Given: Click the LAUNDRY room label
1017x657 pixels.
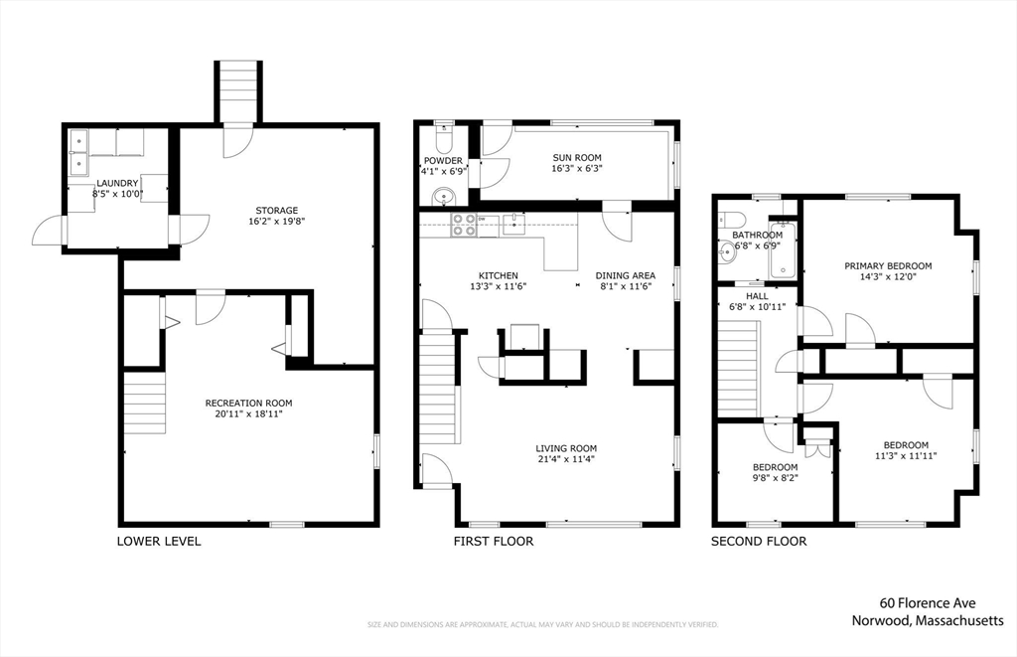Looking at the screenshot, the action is pos(117,183).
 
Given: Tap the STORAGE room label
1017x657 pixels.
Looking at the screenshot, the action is pos(277,211).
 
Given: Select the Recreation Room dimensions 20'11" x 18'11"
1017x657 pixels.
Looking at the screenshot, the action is pos(248,413).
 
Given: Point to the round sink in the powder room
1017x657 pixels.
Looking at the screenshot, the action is pos(444,195).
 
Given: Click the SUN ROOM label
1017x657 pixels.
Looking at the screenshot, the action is pos(577,158).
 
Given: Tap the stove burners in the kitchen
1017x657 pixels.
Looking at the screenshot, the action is pos(463,225).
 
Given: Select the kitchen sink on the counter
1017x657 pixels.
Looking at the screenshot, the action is pos(513,224).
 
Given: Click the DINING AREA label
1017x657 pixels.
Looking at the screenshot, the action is pos(626,275).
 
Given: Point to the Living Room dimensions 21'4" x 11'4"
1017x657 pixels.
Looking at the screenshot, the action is pos(566,459).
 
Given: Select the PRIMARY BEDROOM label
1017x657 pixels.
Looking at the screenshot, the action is pos(888,266).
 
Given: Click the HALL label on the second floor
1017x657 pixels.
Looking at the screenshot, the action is pos(757,296).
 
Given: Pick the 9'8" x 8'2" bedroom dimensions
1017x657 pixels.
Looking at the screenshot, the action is pos(775,478).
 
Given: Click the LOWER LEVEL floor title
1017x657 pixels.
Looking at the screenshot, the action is pos(159,541).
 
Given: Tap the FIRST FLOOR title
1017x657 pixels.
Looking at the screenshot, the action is pos(494,541).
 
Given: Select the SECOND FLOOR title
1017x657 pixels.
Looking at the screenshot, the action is pos(759,541).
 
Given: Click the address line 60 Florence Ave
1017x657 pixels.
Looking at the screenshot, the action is pos(928,603).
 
